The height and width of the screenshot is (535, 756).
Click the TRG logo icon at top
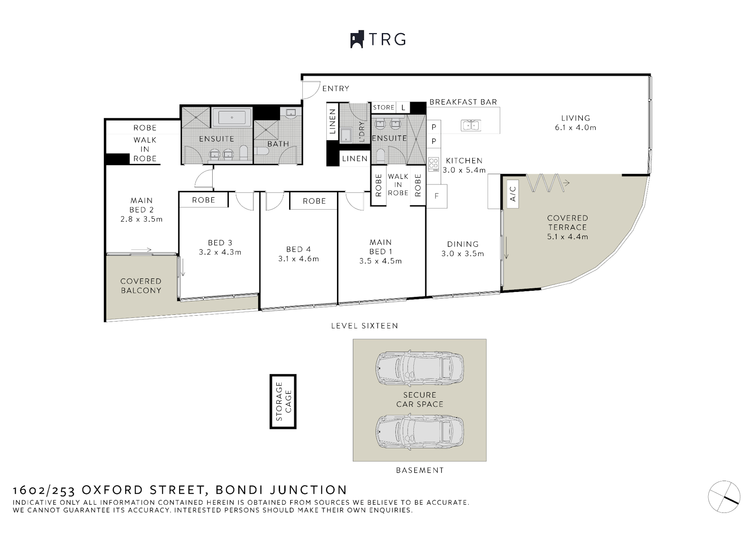[357, 39]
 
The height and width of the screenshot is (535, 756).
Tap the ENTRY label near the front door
[335, 89]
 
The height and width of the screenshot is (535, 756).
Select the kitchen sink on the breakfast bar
[471, 126]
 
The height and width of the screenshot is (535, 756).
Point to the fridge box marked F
[437, 196]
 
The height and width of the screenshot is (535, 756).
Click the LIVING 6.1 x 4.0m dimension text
[575, 128]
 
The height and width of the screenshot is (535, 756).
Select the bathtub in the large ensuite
[232, 117]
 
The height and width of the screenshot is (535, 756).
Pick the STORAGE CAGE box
[283, 401]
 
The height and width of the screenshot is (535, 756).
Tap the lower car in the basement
[420, 432]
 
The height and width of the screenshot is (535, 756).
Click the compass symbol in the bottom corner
[724, 497]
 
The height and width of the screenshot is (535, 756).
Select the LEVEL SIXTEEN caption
[365, 326]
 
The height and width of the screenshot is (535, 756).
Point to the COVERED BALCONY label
[141, 286]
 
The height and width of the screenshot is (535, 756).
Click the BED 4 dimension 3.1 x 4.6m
[298, 259]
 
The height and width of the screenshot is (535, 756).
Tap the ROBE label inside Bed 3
[204, 200]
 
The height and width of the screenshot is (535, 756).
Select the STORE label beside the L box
[384, 107]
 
